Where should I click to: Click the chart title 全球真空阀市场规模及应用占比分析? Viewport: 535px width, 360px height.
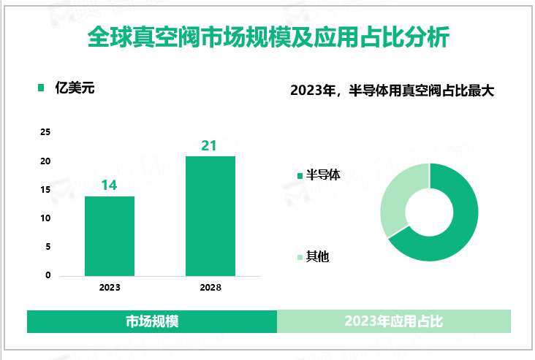point(267,37)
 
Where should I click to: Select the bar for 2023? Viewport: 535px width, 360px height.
point(110,236)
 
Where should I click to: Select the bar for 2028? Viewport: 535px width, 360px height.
point(210,216)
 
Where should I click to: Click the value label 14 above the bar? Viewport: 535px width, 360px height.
point(110,185)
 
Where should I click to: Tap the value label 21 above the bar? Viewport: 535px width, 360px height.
point(210,145)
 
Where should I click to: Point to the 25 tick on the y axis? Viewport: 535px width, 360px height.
point(45,132)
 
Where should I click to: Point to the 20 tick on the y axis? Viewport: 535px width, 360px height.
point(45,161)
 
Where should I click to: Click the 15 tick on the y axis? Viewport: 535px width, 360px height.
point(45,190)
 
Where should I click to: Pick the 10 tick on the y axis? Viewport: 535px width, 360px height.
point(45,218)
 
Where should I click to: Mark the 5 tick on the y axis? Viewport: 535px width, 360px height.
point(48,247)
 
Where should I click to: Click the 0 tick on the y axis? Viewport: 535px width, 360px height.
point(48,275)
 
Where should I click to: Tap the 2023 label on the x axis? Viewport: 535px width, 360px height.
point(110,288)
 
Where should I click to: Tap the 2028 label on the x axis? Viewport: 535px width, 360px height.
point(210,288)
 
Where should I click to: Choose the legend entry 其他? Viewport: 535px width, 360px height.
point(317,256)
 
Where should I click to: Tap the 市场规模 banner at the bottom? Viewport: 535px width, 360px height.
point(153,321)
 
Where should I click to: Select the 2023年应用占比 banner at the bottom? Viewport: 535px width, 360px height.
point(394,321)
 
